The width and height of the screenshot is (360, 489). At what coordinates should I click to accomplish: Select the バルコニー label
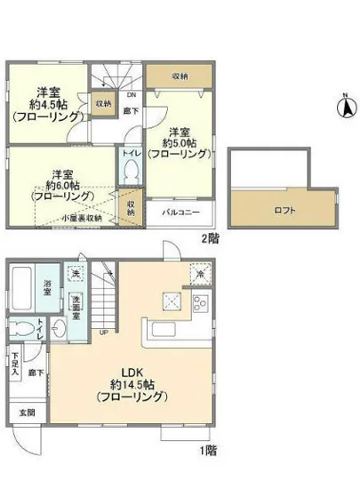point(186,212)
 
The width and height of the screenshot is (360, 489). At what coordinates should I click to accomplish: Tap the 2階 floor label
point(209,237)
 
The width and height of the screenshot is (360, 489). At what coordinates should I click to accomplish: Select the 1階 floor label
point(208,450)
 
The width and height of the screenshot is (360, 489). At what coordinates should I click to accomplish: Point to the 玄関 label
point(23,413)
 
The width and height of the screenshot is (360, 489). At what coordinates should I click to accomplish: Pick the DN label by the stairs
point(132,95)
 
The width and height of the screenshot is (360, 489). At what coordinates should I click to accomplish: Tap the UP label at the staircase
point(105,334)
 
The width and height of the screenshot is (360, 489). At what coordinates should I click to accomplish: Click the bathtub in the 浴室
point(24,287)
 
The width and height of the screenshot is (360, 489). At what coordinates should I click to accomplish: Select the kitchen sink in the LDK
point(169,332)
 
